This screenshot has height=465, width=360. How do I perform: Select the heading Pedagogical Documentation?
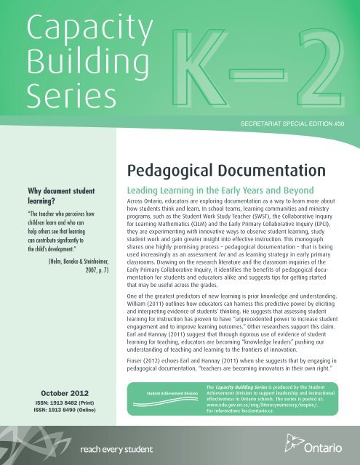pos(217,151)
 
